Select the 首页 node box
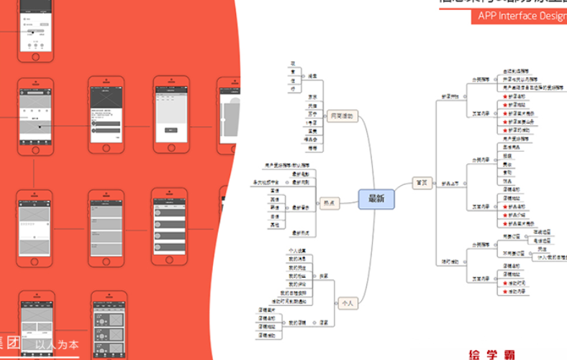click(x=422, y=183)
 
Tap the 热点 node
click(x=332, y=204)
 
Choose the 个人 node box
click(x=348, y=303)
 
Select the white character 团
click(x=14, y=344)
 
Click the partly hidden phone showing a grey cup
click(x=230, y=115)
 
